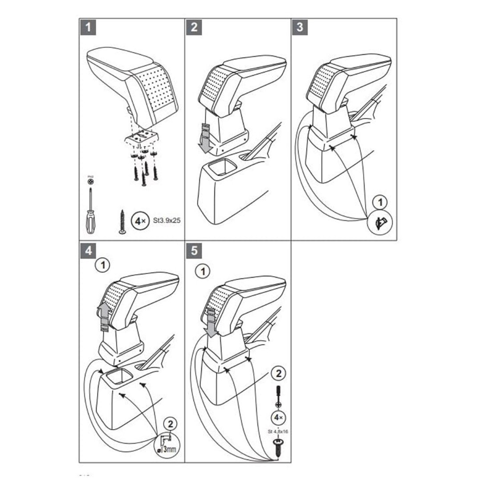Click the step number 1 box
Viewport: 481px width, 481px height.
click(x=88, y=27)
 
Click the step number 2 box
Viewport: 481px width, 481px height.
click(x=194, y=27)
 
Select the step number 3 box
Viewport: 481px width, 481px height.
click(x=300, y=27)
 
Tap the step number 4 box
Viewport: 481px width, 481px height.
click(x=88, y=250)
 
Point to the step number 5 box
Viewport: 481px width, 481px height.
click(x=194, y=250)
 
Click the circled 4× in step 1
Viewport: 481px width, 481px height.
click(x=141, y=220)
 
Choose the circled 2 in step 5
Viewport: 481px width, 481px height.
click(x=278, y=372)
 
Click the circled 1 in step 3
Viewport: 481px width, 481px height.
click(x=379, y=203)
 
